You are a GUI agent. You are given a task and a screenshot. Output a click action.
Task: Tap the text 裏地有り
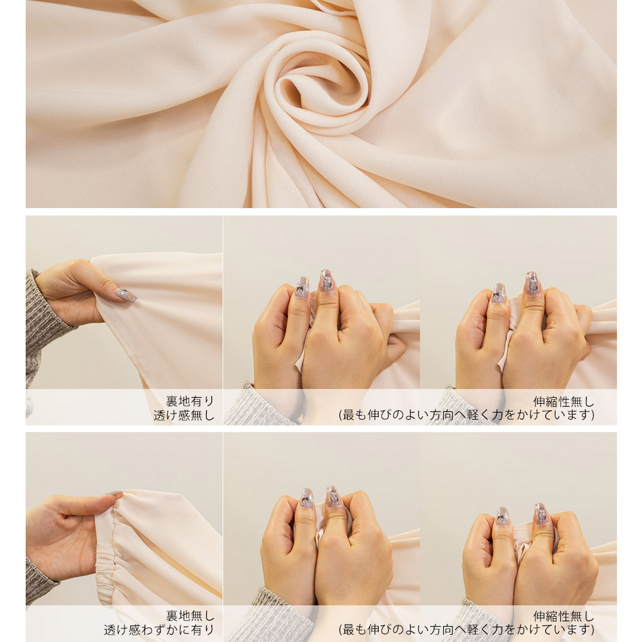coord(190,401)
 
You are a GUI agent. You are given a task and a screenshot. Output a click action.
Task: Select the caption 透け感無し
coord(184,415)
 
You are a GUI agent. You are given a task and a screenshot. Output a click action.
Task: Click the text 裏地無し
coord(190,616)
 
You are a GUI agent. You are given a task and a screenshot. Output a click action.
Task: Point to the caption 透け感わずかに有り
coord(159,630)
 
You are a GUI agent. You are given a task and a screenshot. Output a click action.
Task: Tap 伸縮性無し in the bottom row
coord(564,616)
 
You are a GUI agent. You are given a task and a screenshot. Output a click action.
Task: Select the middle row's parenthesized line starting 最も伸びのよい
coord(466,415)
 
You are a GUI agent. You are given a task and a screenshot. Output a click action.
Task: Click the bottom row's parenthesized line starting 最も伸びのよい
coord(466,629)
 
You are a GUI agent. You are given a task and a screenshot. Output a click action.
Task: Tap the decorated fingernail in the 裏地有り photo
coord(125,295)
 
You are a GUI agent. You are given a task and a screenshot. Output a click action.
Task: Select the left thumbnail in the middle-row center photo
coord(302,288)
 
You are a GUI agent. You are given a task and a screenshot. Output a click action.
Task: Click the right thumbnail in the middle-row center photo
coord(326,281)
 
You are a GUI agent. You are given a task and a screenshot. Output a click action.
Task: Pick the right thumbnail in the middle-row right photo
coord(532,283)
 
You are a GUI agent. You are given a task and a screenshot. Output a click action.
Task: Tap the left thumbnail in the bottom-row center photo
coord(307,498)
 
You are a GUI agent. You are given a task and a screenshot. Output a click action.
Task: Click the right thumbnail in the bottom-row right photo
coord(541,514)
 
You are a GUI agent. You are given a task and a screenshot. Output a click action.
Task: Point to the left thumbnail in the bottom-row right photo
coord(503,516)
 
